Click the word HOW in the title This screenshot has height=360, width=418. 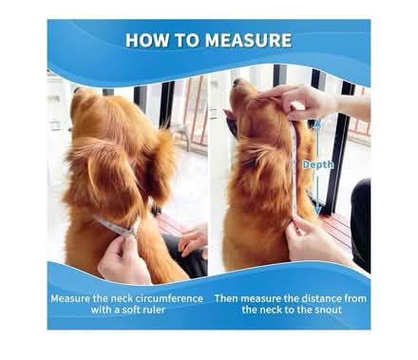(x=149, y=40)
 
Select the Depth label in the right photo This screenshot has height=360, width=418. (x=317, y=164)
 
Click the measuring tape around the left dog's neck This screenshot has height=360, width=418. (x=115, y=226)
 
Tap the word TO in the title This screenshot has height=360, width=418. (x=190, y=40)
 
